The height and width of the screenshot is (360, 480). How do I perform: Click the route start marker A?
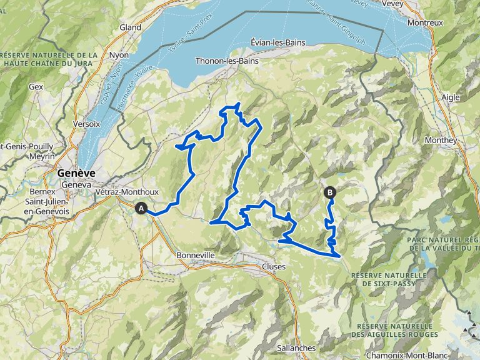pos(142,209)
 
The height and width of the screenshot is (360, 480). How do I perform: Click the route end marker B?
pos(329,193)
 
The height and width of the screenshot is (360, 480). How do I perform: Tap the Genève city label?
pos(76,173)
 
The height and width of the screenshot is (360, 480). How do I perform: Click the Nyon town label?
pos(119,55)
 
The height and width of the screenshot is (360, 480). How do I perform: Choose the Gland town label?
pos(130,27)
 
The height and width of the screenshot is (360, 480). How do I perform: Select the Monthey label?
pos(440,140)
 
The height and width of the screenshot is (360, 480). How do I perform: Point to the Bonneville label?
pos(196,256)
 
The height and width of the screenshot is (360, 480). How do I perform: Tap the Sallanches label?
pos(297,347)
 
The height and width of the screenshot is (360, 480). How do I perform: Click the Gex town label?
pos(36,87)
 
